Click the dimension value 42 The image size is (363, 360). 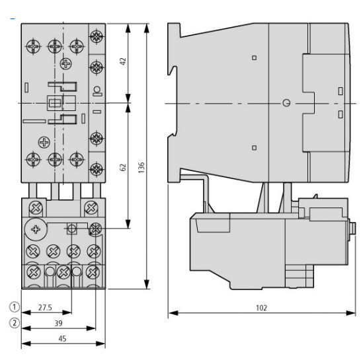click(122, 62)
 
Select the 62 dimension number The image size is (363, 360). click(122, 167)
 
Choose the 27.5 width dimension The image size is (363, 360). click(45, 307)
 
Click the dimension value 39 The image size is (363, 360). click(58, 323)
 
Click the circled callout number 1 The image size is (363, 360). click(12, 307)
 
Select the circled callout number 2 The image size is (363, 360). click(12, 323)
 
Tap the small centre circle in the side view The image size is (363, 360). click(286, 103)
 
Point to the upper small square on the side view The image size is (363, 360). click(255, 58)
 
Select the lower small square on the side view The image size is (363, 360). click(255, 148)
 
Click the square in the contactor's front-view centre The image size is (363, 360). click(54, 103)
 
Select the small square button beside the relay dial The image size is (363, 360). click(73, 229)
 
